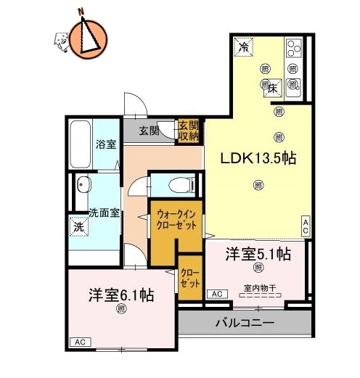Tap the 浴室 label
(x=106, y=144)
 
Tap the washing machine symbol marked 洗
(x=78, y=226)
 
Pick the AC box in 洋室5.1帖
(x=216, y=293)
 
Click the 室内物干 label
(x=258, y=289)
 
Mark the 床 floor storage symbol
(x=271, y=89)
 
